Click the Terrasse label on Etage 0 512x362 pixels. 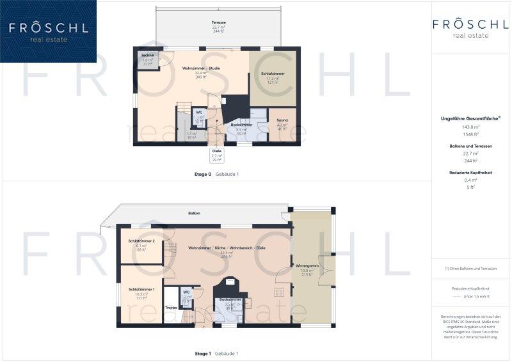[219, 22]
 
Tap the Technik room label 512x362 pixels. [148, 56]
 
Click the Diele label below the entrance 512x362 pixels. [216, 151]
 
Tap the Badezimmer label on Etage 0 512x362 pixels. [241, 125]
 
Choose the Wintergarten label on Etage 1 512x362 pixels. [307, 265]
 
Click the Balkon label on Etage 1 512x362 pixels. [194, 213]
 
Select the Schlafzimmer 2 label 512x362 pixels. [141, 241]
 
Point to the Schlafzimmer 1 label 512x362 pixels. [141, 289]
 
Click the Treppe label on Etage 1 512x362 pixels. [171, 308]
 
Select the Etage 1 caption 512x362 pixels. [203, 353]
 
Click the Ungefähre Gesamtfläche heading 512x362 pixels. [470, 118]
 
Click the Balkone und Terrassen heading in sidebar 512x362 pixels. [470, 146]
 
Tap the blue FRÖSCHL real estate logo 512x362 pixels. [48, 31]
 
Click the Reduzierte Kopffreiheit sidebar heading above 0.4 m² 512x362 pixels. [470, 173]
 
